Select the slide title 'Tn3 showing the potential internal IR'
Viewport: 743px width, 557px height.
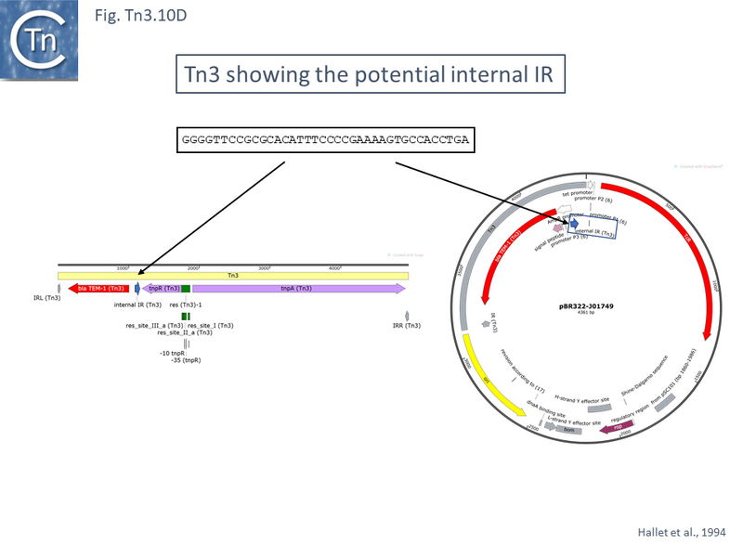pos(370,73)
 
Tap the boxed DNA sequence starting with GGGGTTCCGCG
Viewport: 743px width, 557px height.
pos(325,140)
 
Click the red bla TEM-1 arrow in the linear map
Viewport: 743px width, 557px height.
pos(97,289)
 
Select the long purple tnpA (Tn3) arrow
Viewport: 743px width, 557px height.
pos(298,289)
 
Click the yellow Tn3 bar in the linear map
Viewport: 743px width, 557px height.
pos(232,276)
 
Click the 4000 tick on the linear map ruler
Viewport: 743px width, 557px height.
pos(335,267)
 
